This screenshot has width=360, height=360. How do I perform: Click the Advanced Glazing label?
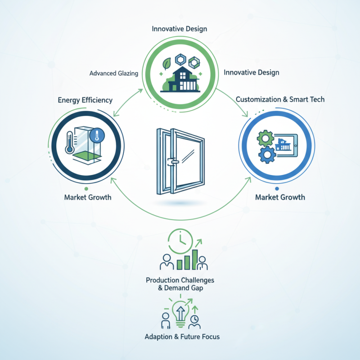114,73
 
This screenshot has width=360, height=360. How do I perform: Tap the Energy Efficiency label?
85,100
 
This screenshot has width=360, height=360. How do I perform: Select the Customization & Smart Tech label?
280,99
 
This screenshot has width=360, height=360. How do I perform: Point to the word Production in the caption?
162,280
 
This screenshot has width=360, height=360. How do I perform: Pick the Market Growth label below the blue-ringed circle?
280,197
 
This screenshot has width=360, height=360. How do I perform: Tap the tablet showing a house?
288,143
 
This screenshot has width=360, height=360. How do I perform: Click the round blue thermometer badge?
96,135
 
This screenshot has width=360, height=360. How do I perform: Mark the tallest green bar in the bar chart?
194,258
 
